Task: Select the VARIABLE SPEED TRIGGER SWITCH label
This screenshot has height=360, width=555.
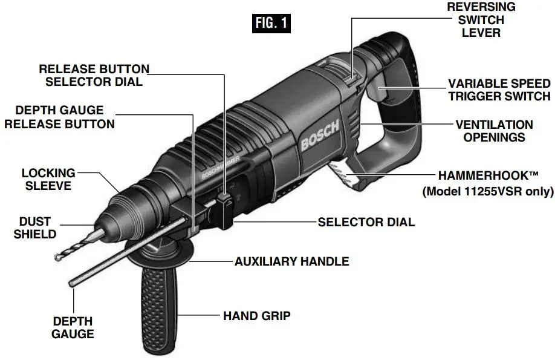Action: coord(499,90)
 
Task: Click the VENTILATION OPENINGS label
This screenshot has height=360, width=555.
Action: coord(494,131)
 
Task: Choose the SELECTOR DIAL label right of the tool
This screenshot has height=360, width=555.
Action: coord(366,222)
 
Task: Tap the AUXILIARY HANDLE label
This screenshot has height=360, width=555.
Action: coord(291,261)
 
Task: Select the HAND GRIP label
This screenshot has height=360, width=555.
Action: coord(257,315)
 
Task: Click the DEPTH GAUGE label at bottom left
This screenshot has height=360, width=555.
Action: coord(73,327)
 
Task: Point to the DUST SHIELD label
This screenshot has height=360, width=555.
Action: coord(35,227)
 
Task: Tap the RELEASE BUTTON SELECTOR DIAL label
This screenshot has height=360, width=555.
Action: coord(94,75)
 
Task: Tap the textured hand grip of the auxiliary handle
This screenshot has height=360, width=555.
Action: coord(162,309)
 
